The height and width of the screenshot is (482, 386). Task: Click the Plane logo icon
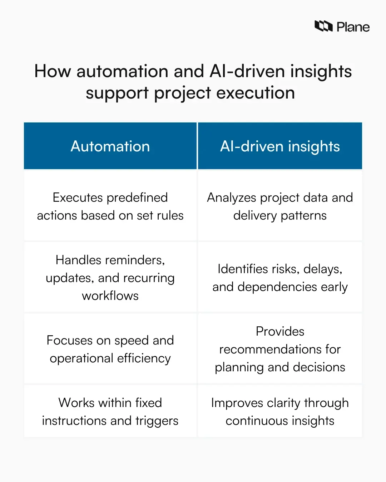tap(323, 26)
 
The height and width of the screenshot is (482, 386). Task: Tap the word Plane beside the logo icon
tap(353, 27)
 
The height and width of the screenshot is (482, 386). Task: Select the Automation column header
tap(110, 146)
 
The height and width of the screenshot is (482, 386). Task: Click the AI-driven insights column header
tap(280, 146)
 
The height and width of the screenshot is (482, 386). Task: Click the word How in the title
tap(53, 71)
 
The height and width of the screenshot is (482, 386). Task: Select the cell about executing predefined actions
tap(110, 206)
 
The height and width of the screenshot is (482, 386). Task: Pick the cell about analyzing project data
tap(280, 206)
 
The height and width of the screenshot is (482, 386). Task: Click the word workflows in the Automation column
tap(110, 296)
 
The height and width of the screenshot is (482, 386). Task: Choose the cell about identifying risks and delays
tap(280, 278)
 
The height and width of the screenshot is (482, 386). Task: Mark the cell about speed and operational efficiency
tap(110, 349)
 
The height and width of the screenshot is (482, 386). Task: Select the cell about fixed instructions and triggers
tap(110, 412)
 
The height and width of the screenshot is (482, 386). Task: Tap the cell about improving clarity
tap(280, 412)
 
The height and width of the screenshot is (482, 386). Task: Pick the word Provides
tap(280, 331)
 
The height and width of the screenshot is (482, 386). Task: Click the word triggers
tap(157, 421)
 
